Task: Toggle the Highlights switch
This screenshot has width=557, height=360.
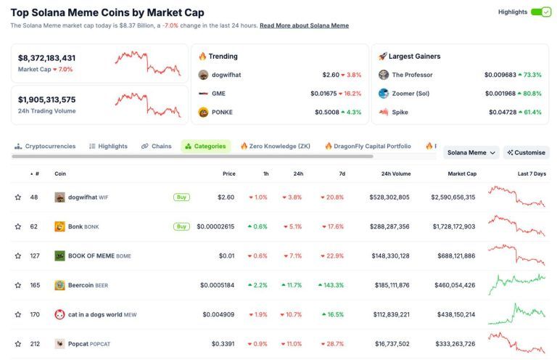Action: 541,12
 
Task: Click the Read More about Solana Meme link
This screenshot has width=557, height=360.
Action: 304,25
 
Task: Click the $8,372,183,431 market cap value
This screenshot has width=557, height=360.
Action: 47,58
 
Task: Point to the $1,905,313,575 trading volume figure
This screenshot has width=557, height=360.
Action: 47,99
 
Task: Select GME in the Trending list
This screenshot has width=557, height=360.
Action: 218,93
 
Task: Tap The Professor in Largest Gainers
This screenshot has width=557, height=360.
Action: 412,75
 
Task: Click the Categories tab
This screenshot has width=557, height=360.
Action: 206,146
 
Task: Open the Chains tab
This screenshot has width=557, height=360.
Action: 157,146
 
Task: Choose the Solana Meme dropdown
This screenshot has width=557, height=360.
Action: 471,152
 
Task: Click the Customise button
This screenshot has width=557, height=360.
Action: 527,152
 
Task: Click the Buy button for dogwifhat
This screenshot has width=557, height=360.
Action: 181,197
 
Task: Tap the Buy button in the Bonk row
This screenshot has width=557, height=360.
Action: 181,226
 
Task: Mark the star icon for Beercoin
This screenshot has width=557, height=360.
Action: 18,285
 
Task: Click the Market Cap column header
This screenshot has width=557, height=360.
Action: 461,173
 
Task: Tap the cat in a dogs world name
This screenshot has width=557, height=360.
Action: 96,314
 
